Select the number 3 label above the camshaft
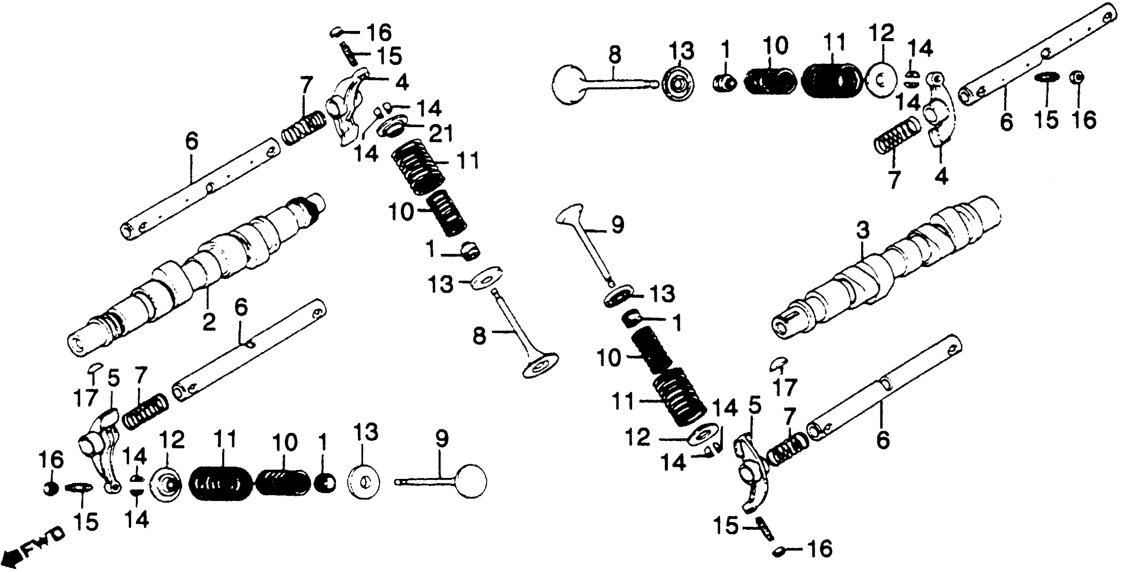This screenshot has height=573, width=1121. click(x=863, y=230)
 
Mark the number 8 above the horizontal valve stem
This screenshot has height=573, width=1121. click(x=614, y=56)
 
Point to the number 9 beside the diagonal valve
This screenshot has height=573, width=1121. click(x=617, y=225)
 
